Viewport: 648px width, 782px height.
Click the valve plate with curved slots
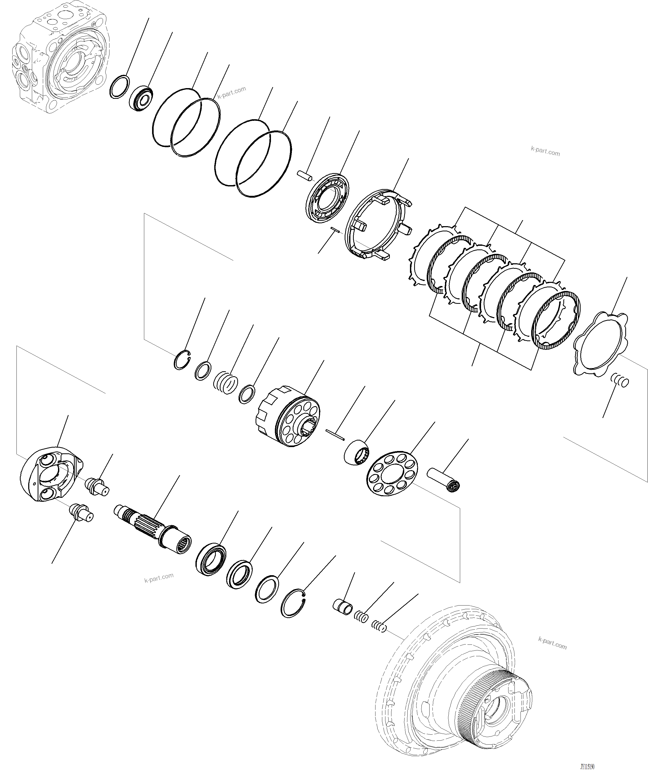pyautogui.click(x=328, y=198)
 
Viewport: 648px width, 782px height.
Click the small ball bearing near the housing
pyautogui.click(x=141, y=98)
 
